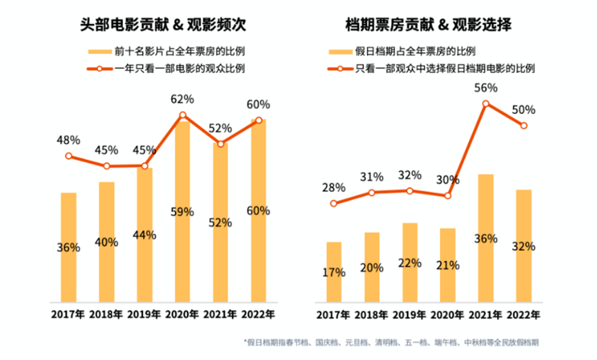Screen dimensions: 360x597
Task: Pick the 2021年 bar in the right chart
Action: coord(486,238)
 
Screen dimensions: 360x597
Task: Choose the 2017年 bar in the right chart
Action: coord(334,272)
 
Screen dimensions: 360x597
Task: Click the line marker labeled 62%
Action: coord(183,116)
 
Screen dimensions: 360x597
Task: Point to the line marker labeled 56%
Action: coord(486,104)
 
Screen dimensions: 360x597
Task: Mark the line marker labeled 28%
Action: coord(334,203)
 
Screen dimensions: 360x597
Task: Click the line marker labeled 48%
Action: coord(68,156)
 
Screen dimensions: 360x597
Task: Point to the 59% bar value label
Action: coord(182,212)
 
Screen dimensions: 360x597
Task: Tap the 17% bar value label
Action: coord(334,272)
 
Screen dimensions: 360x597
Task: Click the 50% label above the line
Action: coord(525,110)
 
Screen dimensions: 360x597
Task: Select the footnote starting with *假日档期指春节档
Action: coord(390,342)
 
